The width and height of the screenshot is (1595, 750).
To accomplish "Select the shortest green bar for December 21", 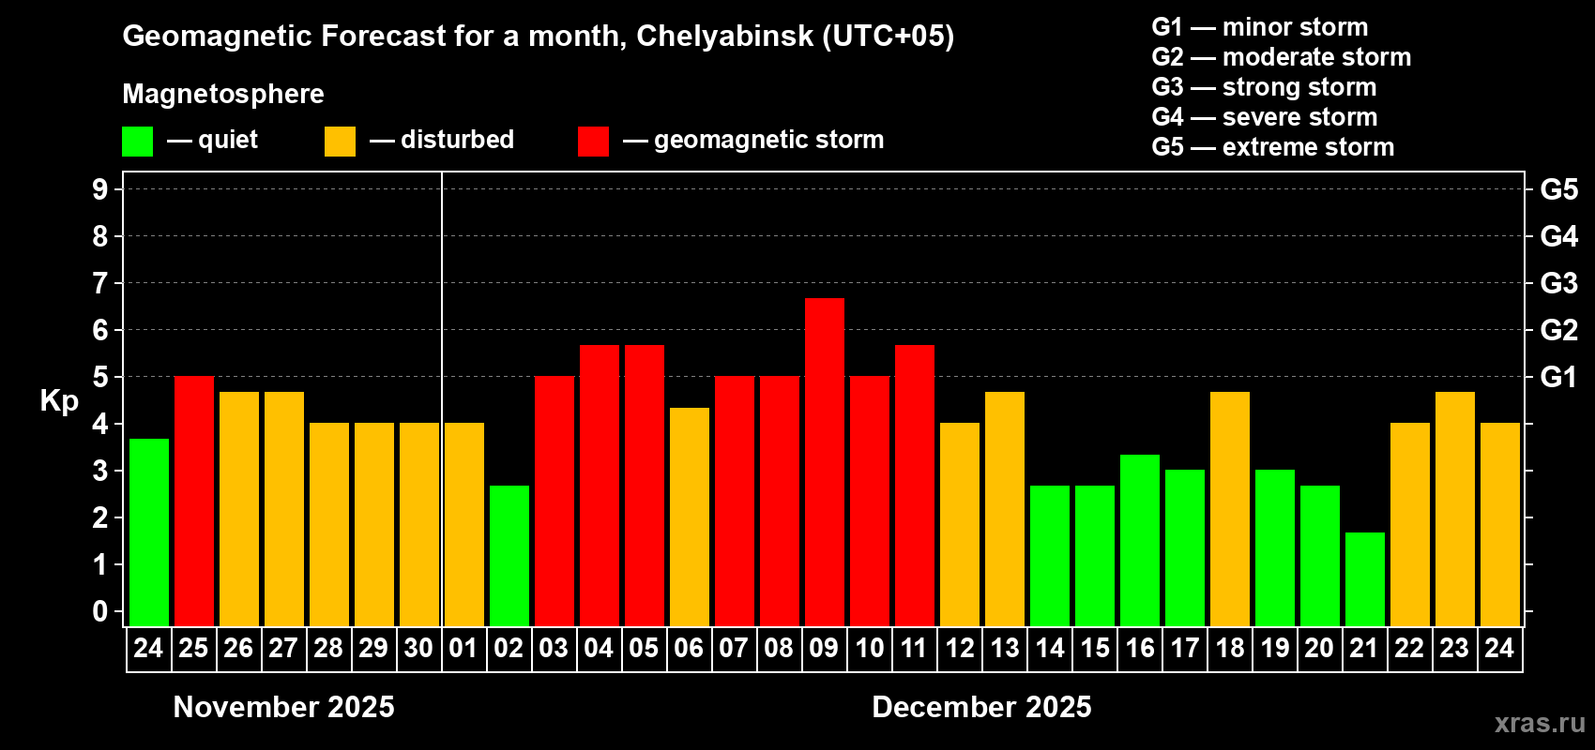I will click(x=1365, y=578).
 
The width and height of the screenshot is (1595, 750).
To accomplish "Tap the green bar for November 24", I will click(x=149, y=532).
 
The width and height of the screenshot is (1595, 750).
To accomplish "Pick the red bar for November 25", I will click(x=194, y=501).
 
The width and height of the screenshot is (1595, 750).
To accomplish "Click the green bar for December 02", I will click(x=509, y=555).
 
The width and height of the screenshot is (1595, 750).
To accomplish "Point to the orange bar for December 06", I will click(x=690, y=517).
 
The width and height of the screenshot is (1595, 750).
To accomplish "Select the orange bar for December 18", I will click(x=1230, y=508).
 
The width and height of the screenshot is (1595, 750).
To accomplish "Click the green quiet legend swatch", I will click(x=137, y=142).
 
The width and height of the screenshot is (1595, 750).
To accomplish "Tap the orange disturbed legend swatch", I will click(x=340, y=142).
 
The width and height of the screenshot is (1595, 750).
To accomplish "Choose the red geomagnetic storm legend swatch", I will click(x=593, y=142).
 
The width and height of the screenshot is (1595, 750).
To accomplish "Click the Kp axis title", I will click(x=59, y=400).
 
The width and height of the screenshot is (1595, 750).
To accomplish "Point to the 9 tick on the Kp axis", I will click(x=100, y=189).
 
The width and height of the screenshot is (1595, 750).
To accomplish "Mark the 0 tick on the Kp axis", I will click(x=100, y=611).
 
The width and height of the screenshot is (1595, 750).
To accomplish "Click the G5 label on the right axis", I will click(x=1558, y=189).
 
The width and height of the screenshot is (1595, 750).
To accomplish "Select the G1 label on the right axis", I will click(x=1558, y=377).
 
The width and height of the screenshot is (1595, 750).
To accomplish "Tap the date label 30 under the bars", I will click(x=418, y=648).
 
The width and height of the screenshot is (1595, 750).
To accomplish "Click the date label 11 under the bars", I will click(x=914, y=648).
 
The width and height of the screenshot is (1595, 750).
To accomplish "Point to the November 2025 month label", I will click(x=284, y=707).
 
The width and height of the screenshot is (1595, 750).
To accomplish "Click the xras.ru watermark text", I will click(x=1540, y=723).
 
